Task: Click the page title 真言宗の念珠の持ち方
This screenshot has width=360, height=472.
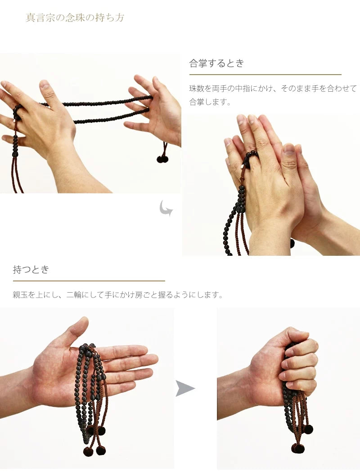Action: click(x=75, y=18)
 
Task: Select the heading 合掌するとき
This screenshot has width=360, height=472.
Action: click(x=216, y=63)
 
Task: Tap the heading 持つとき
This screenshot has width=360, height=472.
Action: click(x=31, y=270)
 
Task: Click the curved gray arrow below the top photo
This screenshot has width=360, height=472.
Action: click(x=166, y=208)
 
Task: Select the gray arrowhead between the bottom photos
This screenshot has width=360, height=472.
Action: click(x=185, y=388)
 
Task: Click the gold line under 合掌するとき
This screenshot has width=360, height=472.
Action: click(x=265, y=75)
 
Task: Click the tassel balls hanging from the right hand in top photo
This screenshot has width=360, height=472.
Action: click(x=162, y=159)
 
